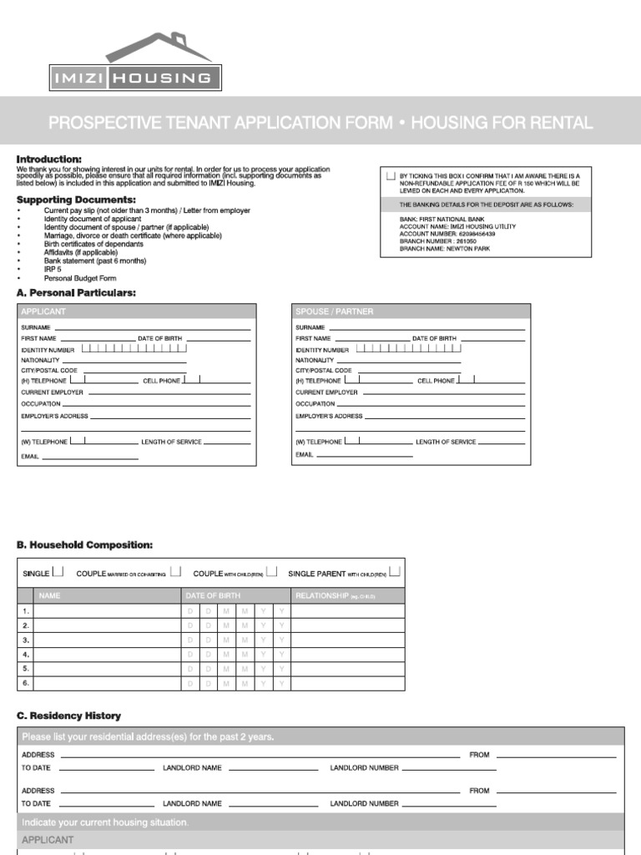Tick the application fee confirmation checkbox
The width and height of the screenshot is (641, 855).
(391, 176)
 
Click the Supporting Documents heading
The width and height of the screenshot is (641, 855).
(76, 200)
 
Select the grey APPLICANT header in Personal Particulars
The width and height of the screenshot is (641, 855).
(136, 311)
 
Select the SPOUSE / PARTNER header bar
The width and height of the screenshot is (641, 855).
(411, 311)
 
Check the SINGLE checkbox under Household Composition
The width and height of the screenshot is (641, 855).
(58, 572)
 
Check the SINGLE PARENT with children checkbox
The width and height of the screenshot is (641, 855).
(395, 572)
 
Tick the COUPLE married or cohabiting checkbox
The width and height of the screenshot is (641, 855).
(175, 572)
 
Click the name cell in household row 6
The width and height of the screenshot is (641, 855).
(109, 683)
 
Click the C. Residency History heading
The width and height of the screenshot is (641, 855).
(69, 716)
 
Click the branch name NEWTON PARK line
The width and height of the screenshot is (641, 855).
(437, 249)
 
